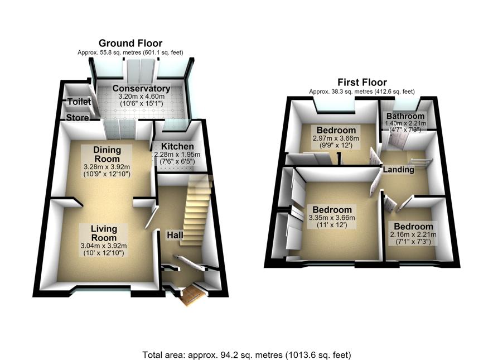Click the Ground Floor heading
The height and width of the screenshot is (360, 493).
130,43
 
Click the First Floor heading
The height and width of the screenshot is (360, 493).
362,82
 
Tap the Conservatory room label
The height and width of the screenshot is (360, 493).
142,88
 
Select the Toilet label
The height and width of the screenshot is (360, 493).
79,102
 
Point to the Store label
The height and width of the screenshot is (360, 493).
78,118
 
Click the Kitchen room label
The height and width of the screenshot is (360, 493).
177,146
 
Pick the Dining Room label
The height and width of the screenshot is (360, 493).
107,154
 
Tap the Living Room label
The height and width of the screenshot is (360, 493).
104,233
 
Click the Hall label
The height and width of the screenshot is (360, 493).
175,235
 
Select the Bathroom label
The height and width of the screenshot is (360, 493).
405,116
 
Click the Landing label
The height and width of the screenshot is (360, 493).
398,170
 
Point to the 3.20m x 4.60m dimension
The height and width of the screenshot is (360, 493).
142,97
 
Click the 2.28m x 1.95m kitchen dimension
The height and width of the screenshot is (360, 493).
177,155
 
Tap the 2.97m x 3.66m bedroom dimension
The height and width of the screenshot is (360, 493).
336,138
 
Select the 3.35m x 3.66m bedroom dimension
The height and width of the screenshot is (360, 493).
332,218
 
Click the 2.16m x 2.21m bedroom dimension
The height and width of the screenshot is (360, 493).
413,234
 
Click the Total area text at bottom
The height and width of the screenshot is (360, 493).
246,355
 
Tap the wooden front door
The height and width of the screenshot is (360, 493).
193,295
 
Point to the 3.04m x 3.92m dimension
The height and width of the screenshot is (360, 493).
104,246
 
